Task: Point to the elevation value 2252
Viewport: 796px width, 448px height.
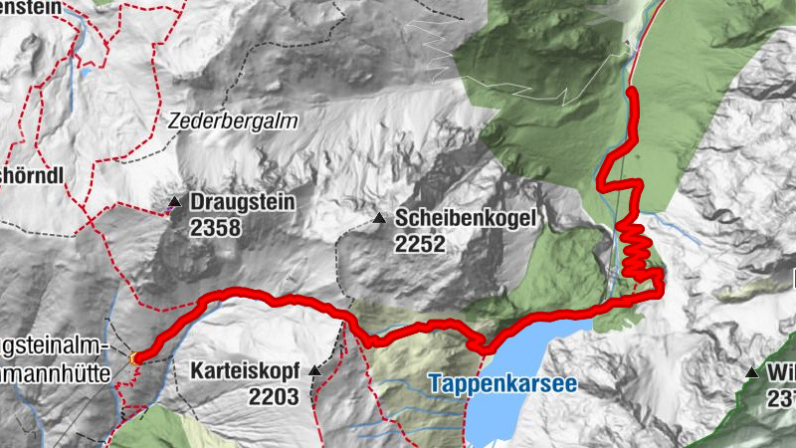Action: [x=419, y=244]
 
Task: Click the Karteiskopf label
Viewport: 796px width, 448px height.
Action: [x=243, y=373]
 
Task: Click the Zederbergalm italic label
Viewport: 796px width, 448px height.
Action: [x=233, y=119]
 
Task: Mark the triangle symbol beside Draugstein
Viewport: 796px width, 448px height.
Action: [x=175, y=203]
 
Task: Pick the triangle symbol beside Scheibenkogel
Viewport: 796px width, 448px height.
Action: [x=378, y=218]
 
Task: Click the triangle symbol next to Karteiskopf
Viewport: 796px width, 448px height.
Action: [x=315, y=371]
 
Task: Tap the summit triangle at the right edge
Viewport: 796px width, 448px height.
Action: [x=752, y=372]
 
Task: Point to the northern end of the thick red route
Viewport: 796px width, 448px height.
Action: [x=632, y=91]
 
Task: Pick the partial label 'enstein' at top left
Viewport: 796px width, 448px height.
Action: [x=28, y=7]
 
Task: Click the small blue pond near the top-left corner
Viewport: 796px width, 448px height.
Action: [x=88, y=72]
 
